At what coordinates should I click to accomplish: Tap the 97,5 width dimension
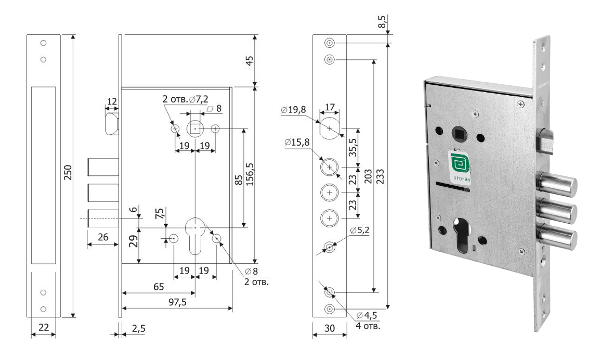click(x=177, y=302)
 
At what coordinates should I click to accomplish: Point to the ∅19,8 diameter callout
click(x=294, y=110)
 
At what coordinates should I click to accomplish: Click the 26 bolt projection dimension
click(x=103, y=237)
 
